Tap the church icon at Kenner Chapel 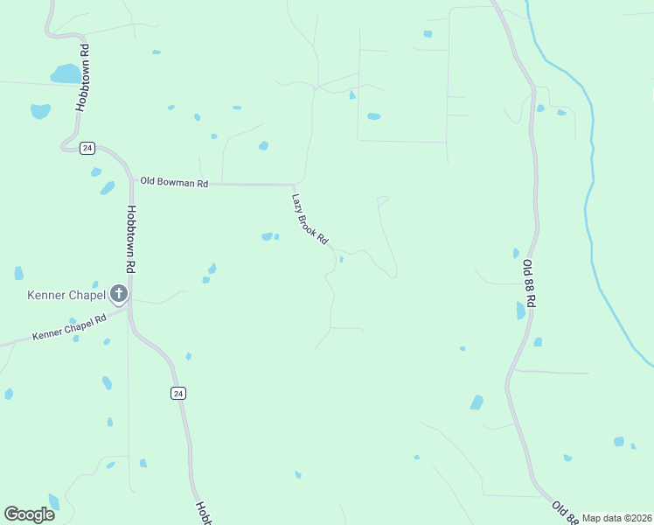pyautogui.click(x=119, y=295)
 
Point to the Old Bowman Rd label pyautogui.click(x=174, y=183)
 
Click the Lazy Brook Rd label pyautogui.click(x=310, y=219)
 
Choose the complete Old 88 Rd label pyautogui.click(x=528, y=282)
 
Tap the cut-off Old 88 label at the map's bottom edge pyautogui.click(x=565, y=511)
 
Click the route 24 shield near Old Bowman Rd pyautogui.click(x=87, y=148)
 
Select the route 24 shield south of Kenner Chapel pyautogui.click(x=178, y=394)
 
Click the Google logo pyautogui.click(x=29, y=514)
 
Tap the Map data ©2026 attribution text pyautogui.click(x=616, y=518)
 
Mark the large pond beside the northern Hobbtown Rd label pyautogui.click(x=65, y=73)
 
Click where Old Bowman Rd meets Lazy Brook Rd pyautogui.click(x=293, y=185)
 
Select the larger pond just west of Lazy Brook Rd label pyautogui.click(x=267, y=236)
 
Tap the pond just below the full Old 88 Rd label pyautogui.click(x=521, y=311)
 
